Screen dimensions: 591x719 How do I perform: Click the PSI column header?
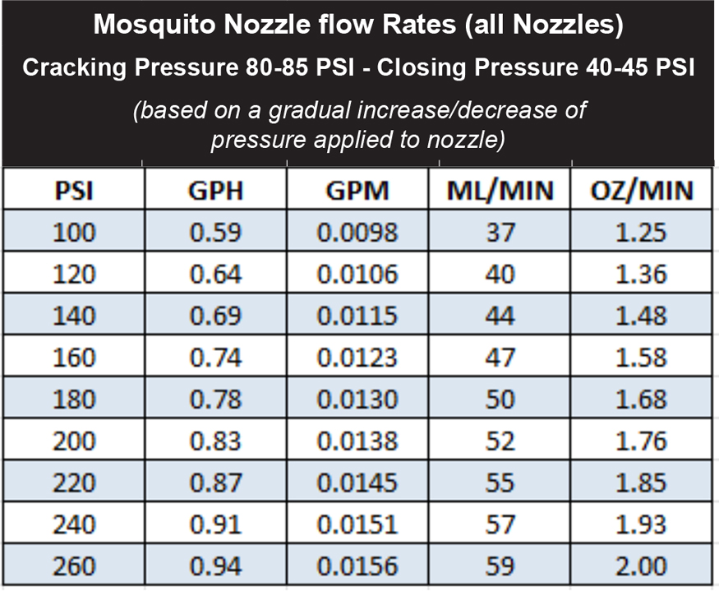click(74, 191)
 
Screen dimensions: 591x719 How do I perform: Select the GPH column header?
click(215, 191)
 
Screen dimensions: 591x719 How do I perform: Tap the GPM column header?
click(357, 191)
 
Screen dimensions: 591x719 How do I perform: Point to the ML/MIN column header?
click(501, 191)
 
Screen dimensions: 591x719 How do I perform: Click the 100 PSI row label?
click(74, 233)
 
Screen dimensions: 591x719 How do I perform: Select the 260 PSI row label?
click(74, 566)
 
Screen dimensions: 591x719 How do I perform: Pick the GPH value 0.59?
click(215, 233)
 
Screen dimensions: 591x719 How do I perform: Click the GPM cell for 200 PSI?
click(357, 441)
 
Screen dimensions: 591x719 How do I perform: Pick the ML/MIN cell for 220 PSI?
click(501, 483)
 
